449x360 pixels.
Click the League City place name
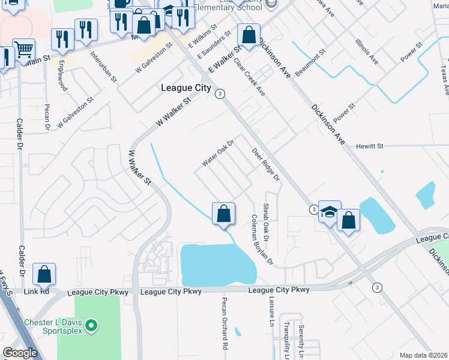(186, 88)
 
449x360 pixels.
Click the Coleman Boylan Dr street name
(262, 240)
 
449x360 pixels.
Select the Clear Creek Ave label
(250, 77)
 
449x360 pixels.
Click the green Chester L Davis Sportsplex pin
(91, 326)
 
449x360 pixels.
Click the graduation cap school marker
(330, 211)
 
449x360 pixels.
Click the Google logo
(20, 353)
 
